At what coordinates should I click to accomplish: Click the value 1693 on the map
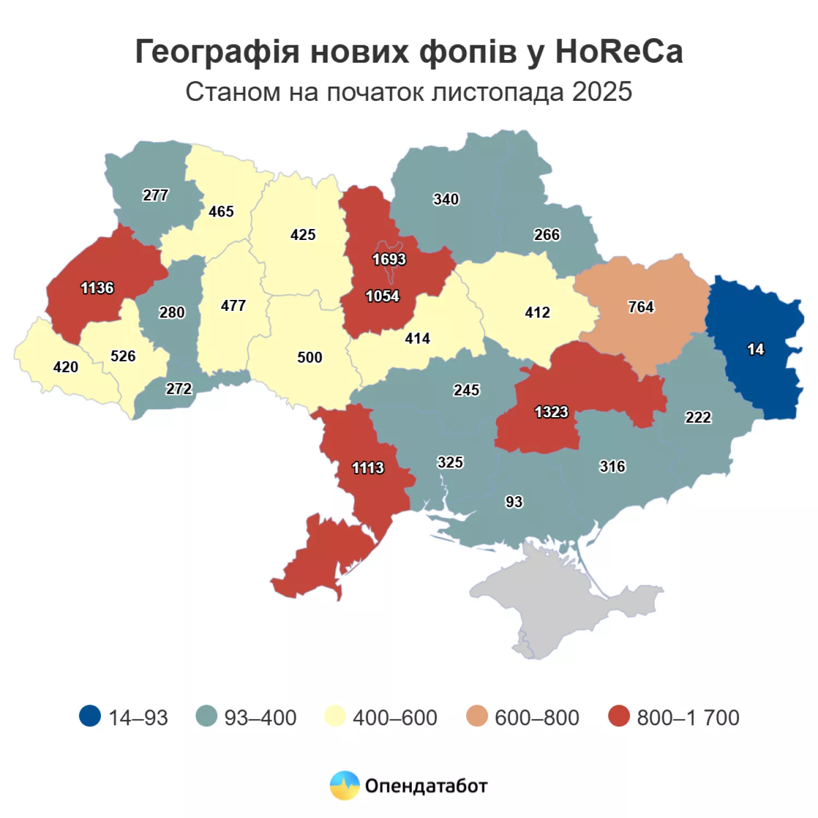click(x=389, y=259)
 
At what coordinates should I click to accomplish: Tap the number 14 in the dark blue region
click(x=755, y=349)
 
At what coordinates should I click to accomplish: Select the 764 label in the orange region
click(x=641, y=307)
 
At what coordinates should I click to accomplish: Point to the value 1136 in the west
click(x=97, y=288)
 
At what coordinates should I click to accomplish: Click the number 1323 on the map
click(x=551, y=412)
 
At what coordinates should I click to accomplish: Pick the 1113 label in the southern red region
click(x=368, y=468)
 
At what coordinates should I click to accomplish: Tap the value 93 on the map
click(x=514, y=502)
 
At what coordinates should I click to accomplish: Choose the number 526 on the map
click(x=123, y=356)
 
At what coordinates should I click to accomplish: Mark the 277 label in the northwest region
click(x=155, y=195)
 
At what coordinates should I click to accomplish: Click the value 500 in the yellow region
click(x=309, y=357)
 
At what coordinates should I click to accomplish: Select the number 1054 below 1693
click(x=382, y=296)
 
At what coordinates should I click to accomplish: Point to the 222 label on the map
click(x=698, y=417)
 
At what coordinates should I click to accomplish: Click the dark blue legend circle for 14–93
click(x=90, y=717)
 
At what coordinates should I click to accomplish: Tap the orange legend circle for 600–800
click(x=477, y=717)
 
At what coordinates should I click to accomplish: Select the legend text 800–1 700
click(x=688, y=718)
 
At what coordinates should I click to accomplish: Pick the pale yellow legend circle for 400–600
click(x=335, y=717)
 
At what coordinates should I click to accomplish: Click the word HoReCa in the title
click(x=618, y=52)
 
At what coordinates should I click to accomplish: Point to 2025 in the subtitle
click(x=602, y=92)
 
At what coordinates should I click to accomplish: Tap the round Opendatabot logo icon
click(x=345, y=785)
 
